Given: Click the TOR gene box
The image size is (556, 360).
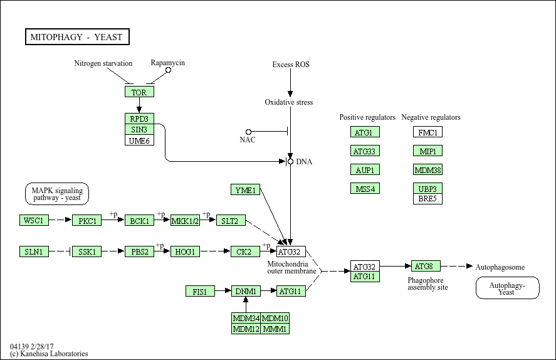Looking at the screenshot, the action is click(x=139, y=92).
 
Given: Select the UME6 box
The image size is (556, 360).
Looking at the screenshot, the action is click(x=139, y=140).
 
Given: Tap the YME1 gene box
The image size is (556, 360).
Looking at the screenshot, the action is click(x=245, y=190).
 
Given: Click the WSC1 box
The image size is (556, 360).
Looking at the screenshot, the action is click(x=34, y=220).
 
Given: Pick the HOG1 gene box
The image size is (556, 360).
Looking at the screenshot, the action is click(x=185, y=251).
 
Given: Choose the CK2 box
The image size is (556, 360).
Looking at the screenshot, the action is click(x=245, y=251).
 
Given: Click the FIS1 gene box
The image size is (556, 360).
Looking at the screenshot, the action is click(x=201, y=291).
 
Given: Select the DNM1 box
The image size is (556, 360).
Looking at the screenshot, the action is click(x=246, y=291).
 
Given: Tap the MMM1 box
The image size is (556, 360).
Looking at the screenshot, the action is click(x=275, y=329).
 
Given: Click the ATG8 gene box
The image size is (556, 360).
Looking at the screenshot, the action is click(x=426, y=266).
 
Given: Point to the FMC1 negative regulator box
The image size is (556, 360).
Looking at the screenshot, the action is click(x=427, y=132).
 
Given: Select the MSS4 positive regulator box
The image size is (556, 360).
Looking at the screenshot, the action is click(x=365, y=188).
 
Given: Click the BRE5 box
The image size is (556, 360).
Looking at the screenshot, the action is click(x=427, y=199).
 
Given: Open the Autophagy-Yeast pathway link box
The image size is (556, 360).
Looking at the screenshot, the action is click(x=508, y=288).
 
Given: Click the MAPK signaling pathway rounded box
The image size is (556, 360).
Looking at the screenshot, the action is click(x=57, y=194).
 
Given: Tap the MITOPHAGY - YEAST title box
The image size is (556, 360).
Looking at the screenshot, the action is click(x=77, y=37).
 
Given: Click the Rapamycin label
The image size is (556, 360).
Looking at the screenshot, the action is click(x=168, y=63).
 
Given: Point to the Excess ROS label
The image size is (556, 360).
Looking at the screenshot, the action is click(x=291, y=64).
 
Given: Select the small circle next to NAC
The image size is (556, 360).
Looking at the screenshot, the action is click(x=249, y=132).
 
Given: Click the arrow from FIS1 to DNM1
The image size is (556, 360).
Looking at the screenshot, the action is click(x=223, y=291).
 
